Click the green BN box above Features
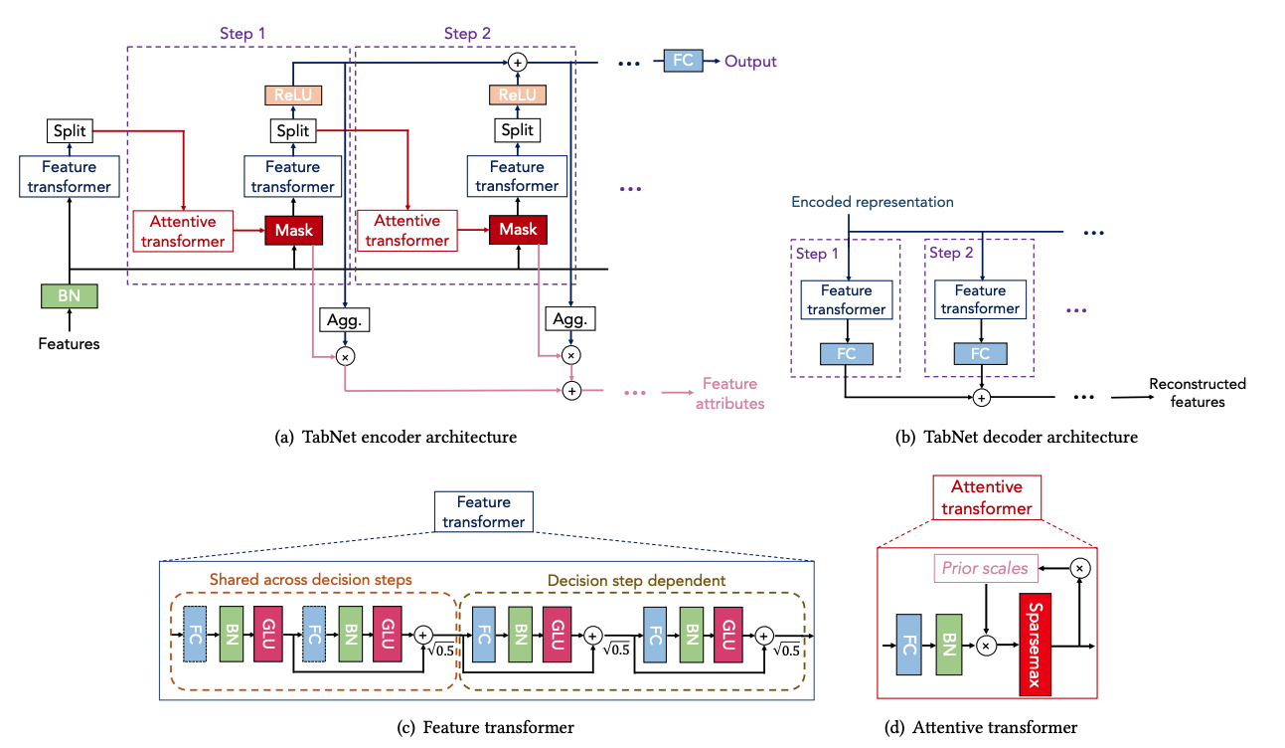coord(70,295)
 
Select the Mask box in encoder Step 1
coord(294,230)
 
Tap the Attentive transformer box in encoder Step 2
coord(407,230)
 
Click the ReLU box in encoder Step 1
coord(293,95)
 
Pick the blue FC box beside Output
coord(683,61)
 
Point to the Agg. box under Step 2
coord(570,319)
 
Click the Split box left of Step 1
coord(70,131)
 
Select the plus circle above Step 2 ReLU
coord(518,62)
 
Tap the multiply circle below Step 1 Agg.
coord(345,357)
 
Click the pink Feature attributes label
coord(729,393)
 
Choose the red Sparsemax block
coord(1035,645)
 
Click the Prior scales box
coord(986,568)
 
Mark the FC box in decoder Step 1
coord(847,354)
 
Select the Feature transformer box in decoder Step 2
coord(980,299)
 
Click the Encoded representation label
coord(873,202)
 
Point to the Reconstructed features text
coord(1198,393)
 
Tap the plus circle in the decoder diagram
coord(982,397)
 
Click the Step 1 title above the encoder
coord(242,33)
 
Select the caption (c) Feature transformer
coord(485,727)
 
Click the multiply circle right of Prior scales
coord(1079,568)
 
